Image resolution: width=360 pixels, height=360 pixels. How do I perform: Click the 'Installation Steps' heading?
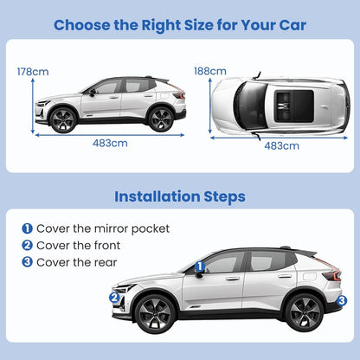[180, 196]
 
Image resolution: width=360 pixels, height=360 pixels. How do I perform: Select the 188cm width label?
[210, 71]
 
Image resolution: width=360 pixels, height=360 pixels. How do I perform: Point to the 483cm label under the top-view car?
[282, 145]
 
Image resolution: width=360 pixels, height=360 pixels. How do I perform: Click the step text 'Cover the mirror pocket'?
[102, 228]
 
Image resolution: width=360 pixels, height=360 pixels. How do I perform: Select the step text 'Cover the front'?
[77, 245]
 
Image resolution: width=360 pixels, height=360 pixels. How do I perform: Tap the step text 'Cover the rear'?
[74, 261]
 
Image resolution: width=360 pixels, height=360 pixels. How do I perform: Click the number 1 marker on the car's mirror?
[200, 267]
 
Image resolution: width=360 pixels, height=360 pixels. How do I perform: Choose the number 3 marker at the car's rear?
[342, 300]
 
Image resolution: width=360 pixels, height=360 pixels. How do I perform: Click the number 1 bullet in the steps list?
[27, 228]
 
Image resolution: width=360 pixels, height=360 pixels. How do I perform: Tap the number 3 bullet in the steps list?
[27, 261]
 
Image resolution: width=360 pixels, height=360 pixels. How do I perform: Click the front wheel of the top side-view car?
[64, 119]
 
